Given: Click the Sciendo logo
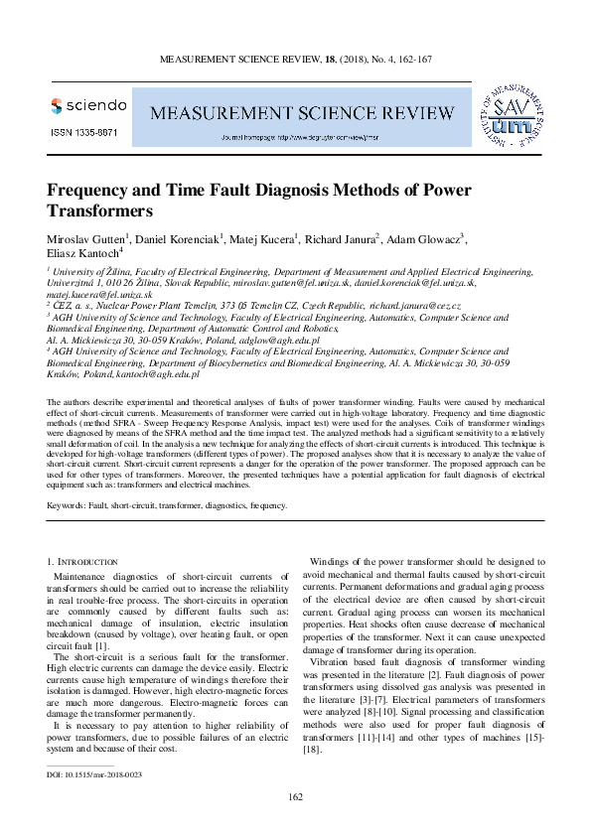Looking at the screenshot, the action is point(88,104).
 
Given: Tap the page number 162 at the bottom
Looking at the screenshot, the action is point(294,797).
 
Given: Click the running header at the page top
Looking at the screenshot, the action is point(295,60).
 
